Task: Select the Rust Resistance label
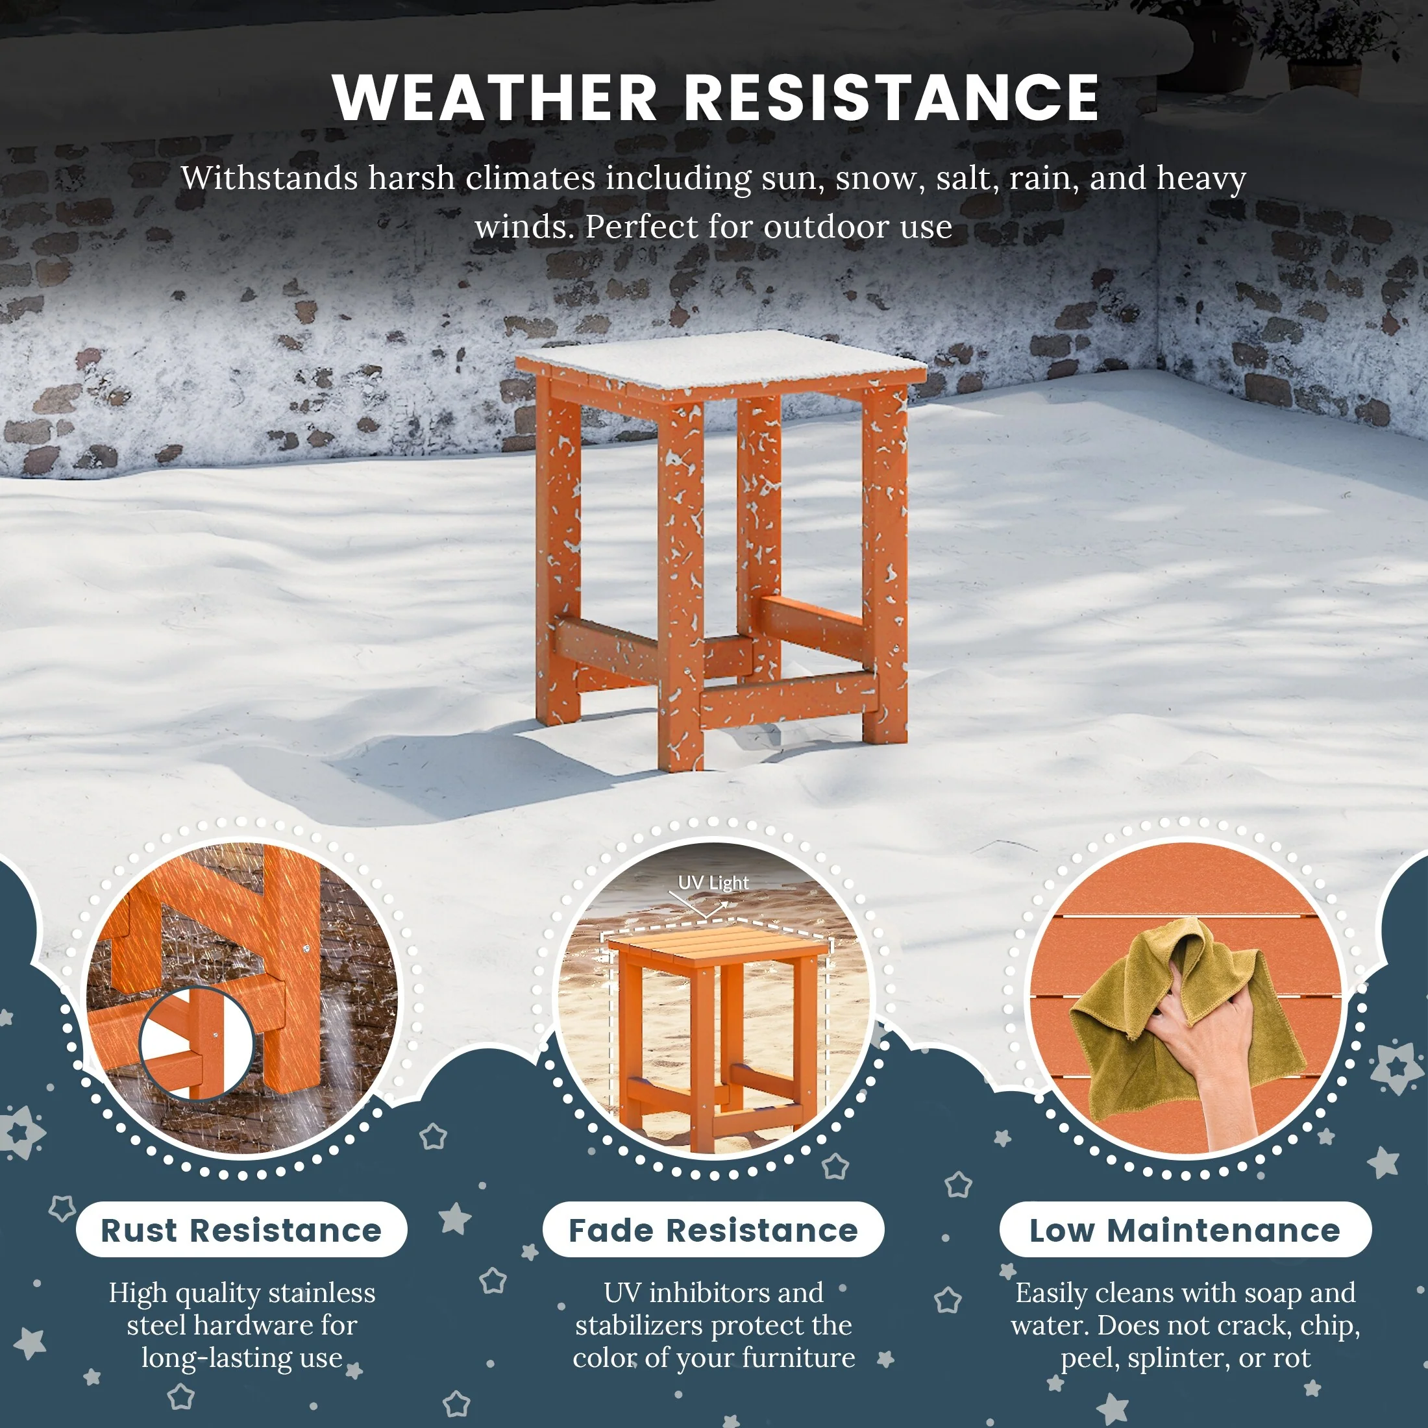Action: (x=241, y=1231)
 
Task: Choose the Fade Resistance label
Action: (x=713, y=1231)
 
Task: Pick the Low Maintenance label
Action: (x=1185, y=1231)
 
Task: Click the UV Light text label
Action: (x=713, y=883)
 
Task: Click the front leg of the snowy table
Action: (x=680, y=584)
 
